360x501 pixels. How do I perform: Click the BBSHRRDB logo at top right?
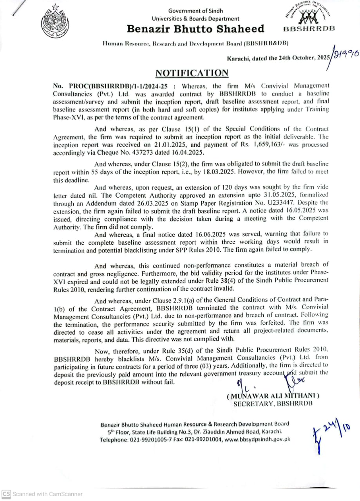308,18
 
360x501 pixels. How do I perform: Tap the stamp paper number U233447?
279,203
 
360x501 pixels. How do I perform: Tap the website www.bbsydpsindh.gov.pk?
257,439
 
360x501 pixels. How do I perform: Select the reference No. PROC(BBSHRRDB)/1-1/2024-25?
112,86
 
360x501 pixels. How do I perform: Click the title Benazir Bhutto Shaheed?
195,29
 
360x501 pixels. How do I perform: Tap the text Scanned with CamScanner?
47,494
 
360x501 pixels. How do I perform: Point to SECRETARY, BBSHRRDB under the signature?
273,404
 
